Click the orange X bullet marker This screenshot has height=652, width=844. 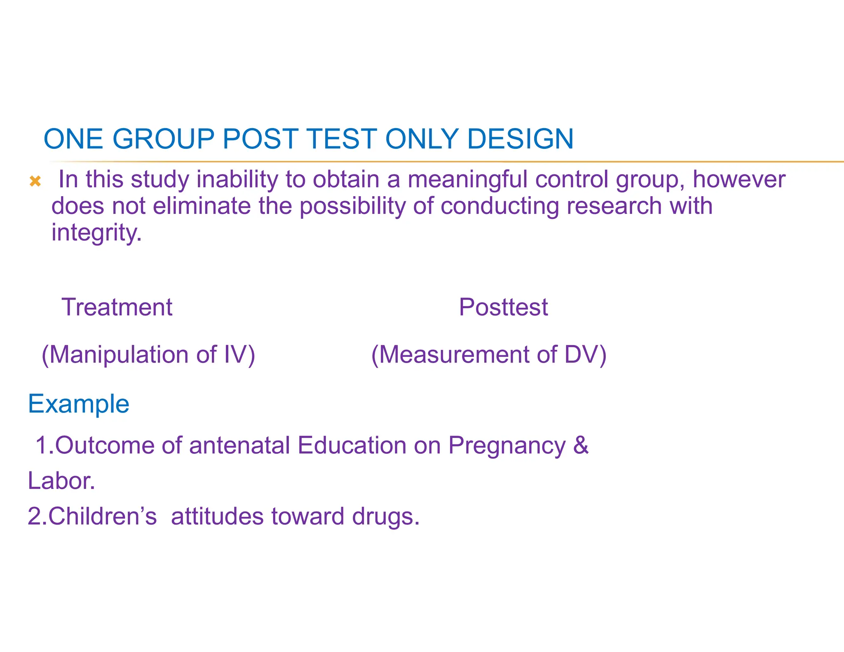click(x=35, y=181)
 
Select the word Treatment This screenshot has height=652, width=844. click(x=117, y=307)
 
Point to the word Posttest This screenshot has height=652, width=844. click(x=503, y=307)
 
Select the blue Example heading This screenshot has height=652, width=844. click(x=79, y=404)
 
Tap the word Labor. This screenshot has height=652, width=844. click(x=61, y=481)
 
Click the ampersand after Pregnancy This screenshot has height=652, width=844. click(x=580, y=445)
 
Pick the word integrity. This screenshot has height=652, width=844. click(x=96, y=233)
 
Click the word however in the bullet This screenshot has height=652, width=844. click(x=738, y=180)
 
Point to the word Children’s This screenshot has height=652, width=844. click(x=102, y=516)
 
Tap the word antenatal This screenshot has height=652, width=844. click(x=239, y=446)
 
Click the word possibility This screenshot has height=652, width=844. click(x=352, y=206)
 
